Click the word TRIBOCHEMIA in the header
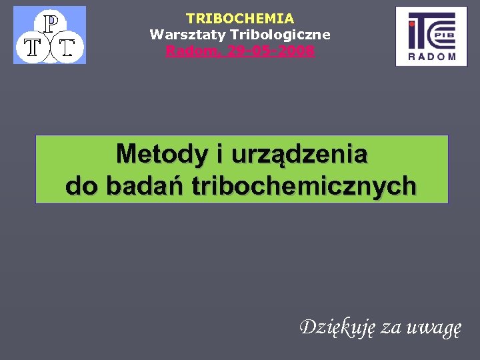(x=240, y=19)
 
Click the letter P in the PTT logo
(x=50, y=23)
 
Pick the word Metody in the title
(x=161, y=155)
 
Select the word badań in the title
(x=145, y=186)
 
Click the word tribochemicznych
(x=304, y=186)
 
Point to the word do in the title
(x=83, y=186)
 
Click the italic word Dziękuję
(x=338, y=327)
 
